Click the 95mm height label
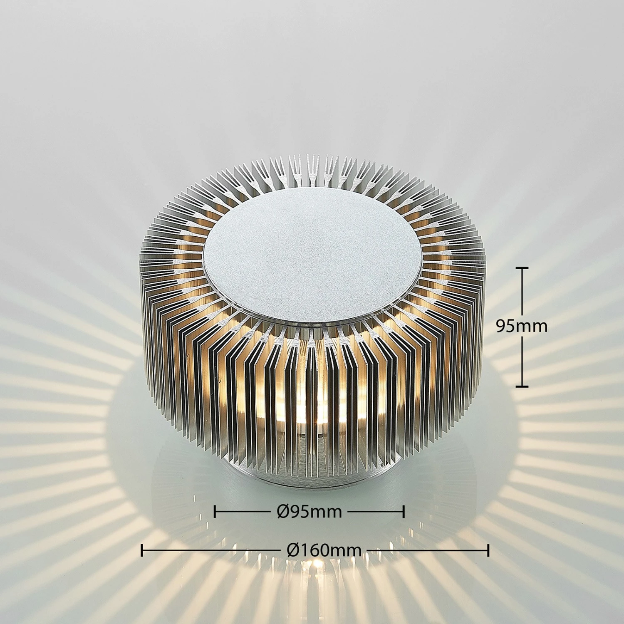click(522, 326)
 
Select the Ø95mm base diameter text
click(309, 511)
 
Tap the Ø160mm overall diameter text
click(324, 550)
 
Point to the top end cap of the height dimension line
click(522, 268)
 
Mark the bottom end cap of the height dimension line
click(522, 386)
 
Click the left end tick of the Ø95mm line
click(215, 511)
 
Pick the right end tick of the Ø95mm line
click(404, 511)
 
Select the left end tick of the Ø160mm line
click(142, 550)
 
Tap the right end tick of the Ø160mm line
click(488, 550)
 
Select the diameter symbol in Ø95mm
click(283, 511)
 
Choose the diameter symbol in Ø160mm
click(293, 550)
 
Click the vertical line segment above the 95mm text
click(522, 291)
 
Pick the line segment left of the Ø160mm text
click(212, 550)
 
